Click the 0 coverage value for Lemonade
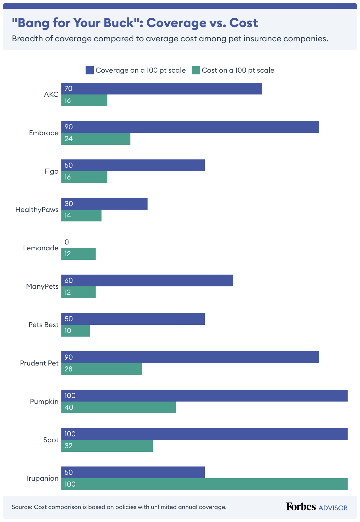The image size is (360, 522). (67, 242)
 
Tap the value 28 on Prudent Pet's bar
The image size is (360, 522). (68, 369)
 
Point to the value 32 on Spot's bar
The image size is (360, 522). (68, 446)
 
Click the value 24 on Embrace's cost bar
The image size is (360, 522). (68, 139)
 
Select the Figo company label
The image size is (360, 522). (51, 171)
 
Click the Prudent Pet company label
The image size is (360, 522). (39, 363)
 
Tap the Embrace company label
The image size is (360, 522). (44, 133)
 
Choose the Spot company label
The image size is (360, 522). (51, 440)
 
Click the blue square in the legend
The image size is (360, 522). (89, 70)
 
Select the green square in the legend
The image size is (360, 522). (196, 70)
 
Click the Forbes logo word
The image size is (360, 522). (301, 507)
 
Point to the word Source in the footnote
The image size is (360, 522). (22, 507)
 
